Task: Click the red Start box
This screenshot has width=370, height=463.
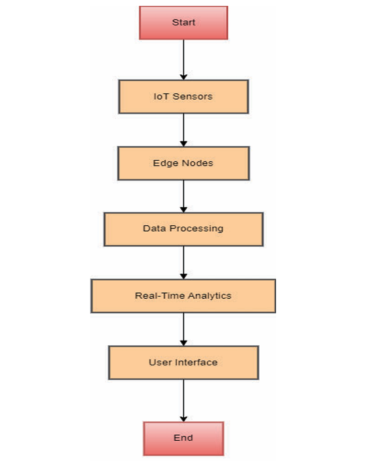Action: tap(183, 23)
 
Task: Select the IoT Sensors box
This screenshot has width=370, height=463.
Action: tap(183, 96)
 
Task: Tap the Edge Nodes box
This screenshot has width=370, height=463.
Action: tap(183, 163)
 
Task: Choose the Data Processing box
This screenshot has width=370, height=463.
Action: tap(183, 229)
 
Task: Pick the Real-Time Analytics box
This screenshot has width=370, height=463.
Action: tap(183, 296)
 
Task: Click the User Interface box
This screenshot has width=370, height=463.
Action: tap(183, 362)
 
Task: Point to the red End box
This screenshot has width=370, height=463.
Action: tap(183, 438)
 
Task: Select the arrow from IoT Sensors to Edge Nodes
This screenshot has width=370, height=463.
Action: tap(183, 130)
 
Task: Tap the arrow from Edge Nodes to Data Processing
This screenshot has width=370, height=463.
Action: tap(183, 196)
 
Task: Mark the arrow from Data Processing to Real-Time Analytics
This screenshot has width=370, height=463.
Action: tap(183, 262)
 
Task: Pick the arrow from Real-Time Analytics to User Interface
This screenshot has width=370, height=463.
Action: tap(183, 329)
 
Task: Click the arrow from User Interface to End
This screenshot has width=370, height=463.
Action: tap(183, 400)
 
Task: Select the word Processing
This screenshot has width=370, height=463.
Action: tap(196, 229)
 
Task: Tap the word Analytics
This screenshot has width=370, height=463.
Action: tap(209, 296)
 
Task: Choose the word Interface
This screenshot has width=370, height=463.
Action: tap(196, 362)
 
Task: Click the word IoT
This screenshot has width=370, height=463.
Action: tap(161, 96)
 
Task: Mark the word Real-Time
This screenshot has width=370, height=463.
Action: tap(159, 296)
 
